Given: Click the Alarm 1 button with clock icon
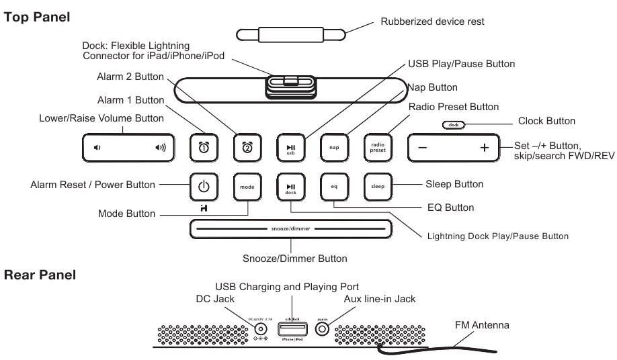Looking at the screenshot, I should [204, 147].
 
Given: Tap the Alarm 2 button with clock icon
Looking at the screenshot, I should [246, 147].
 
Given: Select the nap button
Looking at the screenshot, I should [333, 147].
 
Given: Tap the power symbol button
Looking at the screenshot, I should [204, 186].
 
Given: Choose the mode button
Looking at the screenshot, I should [246, 186].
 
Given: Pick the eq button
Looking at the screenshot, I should [333, 186].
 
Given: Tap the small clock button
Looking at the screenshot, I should [454, 125].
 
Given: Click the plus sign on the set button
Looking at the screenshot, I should [484, 148].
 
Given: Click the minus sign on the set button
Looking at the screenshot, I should [422, 148].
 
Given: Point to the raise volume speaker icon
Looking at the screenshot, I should [160, 147].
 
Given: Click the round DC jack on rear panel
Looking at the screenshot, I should [260, 329].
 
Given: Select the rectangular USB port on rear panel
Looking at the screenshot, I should [291, 329].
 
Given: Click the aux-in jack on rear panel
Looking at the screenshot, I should [323, 329].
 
